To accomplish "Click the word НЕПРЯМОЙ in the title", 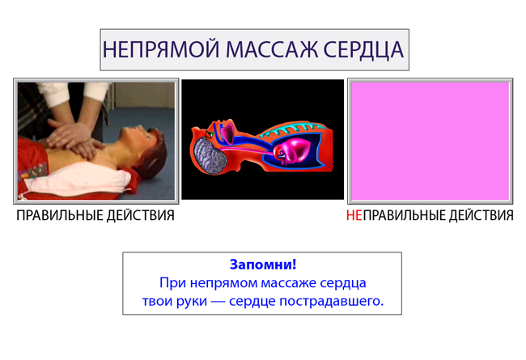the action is point(161,49).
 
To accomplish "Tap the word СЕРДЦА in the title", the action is point(363,49).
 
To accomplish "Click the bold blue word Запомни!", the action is point(263,265).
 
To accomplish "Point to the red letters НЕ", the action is point(354,215).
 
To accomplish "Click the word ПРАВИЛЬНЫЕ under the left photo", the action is point(59,215).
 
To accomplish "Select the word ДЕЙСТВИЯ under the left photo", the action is point(140,215).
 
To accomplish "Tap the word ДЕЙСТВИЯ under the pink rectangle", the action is point(480,215).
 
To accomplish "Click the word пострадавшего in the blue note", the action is point(332,301).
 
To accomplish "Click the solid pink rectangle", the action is point(431,141).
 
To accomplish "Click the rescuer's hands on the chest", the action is point(74,138).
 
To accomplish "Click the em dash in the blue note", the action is point(218,302).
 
